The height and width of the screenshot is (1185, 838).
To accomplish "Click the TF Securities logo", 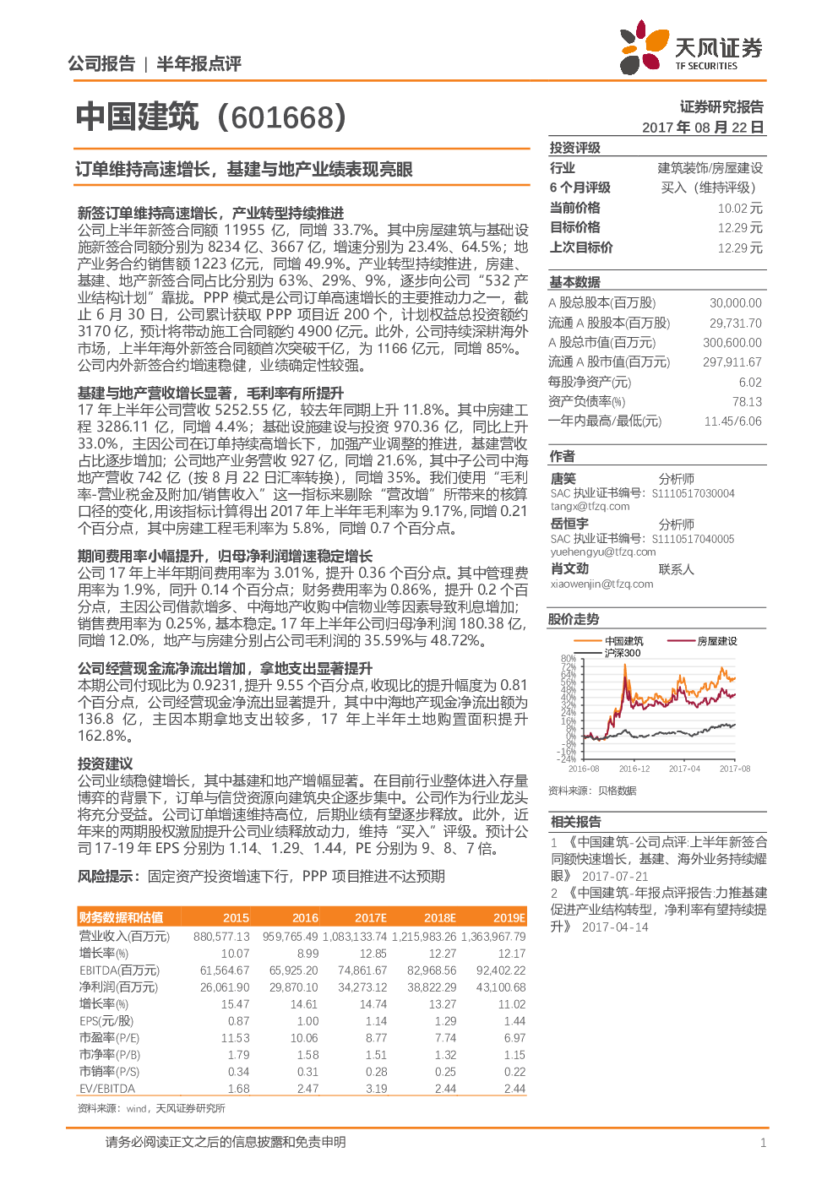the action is pyautogui.click(x=691, y=46).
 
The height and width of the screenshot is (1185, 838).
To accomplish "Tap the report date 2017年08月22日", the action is pyautogui.click(x=703, y=128).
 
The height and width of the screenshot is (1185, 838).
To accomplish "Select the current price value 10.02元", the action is pyautogui.click(x=740, y=209).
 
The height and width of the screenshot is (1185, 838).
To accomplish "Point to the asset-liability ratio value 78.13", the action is pyautogui.click(x=747, y=402).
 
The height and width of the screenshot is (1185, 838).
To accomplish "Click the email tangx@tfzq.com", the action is pyautogui.click(x=590, y=506).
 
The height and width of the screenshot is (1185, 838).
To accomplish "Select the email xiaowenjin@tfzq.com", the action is pyautogui.click(x=601, y=584).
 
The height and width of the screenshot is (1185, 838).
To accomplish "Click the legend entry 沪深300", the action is pyautogui.click(x=623, y=653).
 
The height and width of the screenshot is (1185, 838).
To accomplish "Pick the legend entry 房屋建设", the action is pyautogui.click(x=717, y=641).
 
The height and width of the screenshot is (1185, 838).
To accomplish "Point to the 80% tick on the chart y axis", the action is pyautogui.click(x=569, y=659).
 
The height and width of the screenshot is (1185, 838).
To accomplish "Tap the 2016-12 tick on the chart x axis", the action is pyautogui.click(x=634, y=769).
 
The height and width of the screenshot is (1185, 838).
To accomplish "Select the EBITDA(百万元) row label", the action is pyautogui.click(x=120, y=970).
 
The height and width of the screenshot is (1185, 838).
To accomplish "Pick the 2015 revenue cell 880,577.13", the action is pyautogui.click(x=221, y=937).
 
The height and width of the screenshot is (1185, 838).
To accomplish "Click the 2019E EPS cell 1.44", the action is pyautogui.click(x=514, y=1021).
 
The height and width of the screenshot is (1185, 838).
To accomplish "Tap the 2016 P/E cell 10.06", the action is pyautogui.click(x=304, y=1038).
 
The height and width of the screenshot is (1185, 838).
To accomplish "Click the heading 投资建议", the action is pyautogui.click(x=105, y=764).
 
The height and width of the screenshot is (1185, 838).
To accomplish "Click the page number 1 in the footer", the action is pyautogui.click(x=763, y=1144).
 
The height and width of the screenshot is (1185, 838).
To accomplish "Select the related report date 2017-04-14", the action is pyautogui.click(x=615, y=927).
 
